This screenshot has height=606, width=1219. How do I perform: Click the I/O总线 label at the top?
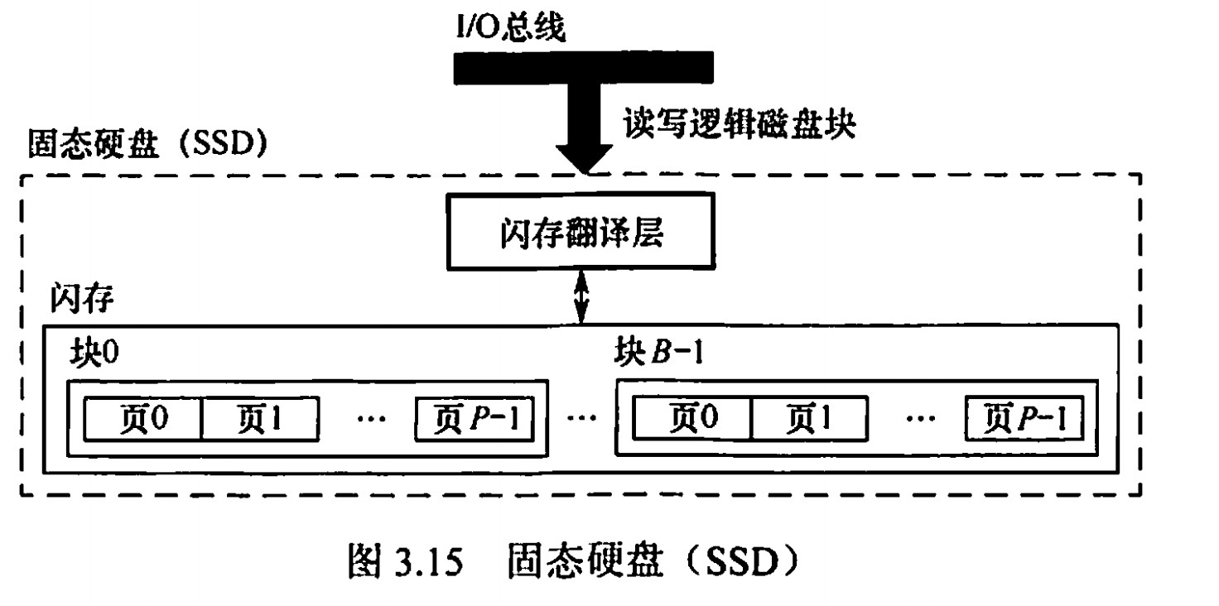coord(510,28)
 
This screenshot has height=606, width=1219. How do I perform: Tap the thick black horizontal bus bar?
coord(583,68)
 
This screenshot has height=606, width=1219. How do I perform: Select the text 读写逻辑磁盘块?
coord(738,126)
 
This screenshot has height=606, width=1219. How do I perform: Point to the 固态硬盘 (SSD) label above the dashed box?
coord(147,142)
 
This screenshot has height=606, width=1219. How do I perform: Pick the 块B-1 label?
coord(657,355)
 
